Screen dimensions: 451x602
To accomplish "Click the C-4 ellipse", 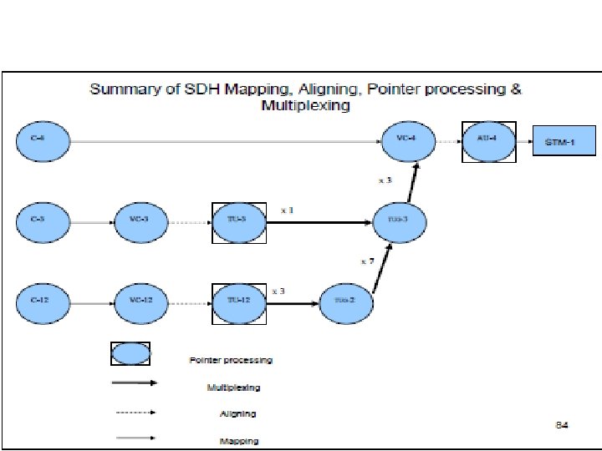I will (x=44, y=142).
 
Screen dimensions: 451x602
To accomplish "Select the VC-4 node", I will (x=409, y=141).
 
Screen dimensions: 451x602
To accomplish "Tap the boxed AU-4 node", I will (x=489, y=142).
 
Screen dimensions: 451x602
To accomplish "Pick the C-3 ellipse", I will (x=43, y=222).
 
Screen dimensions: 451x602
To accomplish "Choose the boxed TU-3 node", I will (x=240, y=222).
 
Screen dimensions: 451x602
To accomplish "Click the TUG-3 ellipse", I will (x=400, y=221).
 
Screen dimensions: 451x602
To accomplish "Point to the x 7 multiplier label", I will (x=368, y=261).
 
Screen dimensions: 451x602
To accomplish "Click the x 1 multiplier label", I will (x=287, y=210).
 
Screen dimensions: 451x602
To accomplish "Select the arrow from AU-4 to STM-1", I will (x=526, y=142).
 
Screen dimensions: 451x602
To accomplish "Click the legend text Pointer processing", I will (x=231, y=361).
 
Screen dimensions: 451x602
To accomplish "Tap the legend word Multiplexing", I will (x=233, y=388).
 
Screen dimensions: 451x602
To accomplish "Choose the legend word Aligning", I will (x=237, y=413).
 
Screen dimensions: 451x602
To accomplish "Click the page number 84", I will (x=562, y=426).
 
